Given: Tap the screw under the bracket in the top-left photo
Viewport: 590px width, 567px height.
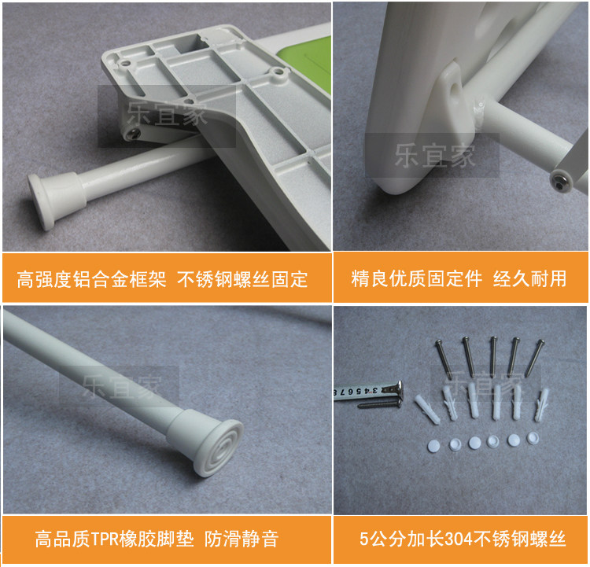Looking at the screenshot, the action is pyautogui.click(x=135, y=132).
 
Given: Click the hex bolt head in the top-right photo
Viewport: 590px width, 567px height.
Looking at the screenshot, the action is pyautogui.click(x=561, y=180).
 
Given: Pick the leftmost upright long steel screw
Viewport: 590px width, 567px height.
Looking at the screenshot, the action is pyautogui.click(x=443, y=358).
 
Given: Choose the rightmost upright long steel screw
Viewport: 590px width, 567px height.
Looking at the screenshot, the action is pyautogui.click(x=534, y=358).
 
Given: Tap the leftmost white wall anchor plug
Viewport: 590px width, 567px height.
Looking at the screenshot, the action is pyautogui.click(x=427, y=409).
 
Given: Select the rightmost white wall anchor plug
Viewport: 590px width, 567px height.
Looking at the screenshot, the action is pyautogui.click(x=541, y=404).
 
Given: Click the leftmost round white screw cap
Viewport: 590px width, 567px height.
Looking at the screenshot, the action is pyautogui.click(x=434, y=445).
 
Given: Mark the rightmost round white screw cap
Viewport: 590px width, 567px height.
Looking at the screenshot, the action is pyautogui.click(x=533, y=437).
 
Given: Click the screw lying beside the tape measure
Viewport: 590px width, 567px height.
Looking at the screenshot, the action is pyautogui.click(x=379, y=404).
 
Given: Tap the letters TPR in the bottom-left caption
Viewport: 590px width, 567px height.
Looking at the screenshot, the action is pyautogui.click(x=105, y=539).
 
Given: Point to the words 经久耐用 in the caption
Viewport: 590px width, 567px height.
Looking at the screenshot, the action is pyautogui.click(x=529, y=278).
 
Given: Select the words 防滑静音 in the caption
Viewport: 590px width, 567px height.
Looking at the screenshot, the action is pyautogui.click(x=242, y=539).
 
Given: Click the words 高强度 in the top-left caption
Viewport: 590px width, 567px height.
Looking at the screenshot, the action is pyautogui.click(x=44, y=279).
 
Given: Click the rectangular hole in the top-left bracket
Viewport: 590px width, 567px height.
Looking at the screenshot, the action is pyautogui.click(x=193, y=44).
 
